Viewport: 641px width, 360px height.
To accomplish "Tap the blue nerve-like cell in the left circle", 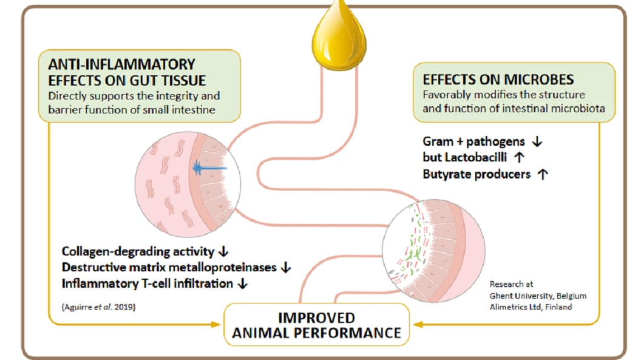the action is (x=209, y=168).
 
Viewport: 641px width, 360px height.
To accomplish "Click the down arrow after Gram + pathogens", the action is (x=537, y=142).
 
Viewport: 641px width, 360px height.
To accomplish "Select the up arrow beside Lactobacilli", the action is (x=519, y=157).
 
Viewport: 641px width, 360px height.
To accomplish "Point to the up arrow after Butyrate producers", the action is (x=543, y=174).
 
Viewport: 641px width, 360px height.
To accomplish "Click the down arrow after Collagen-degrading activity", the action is (x=223, y=252).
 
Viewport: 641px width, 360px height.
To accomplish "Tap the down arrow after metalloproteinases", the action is (x=286, y=268).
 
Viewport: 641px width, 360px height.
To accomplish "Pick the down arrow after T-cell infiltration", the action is (x=243, y=284).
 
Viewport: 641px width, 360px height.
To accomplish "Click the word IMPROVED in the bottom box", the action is (x=316, y=318).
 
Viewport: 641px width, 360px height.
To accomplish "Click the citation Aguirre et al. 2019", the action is (x=98, y=307).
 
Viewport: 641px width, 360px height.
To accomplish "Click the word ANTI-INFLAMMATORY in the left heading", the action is (x=122, y=64).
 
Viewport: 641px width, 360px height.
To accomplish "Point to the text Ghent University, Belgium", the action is (x=538, y=296).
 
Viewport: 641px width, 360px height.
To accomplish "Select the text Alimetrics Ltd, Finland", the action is (x=531, y=307).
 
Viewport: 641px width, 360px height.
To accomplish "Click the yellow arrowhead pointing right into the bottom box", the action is (x=216, y=324).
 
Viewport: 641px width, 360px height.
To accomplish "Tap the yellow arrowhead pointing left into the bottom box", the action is (x=418, y=324).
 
